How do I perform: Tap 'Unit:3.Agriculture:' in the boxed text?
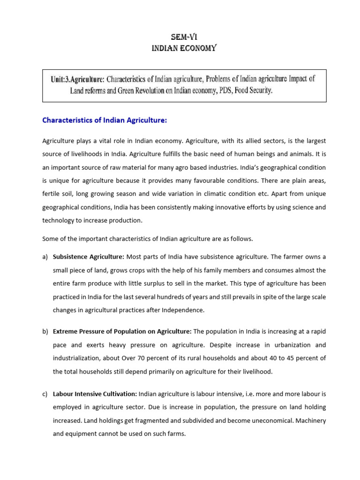77,79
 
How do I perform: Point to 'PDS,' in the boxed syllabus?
224,90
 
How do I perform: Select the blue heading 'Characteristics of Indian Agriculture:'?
105,120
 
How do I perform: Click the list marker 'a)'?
45,257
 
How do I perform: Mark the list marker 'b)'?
45,332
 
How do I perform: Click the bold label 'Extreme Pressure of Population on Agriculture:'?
122,332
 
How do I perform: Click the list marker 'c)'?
45,394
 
